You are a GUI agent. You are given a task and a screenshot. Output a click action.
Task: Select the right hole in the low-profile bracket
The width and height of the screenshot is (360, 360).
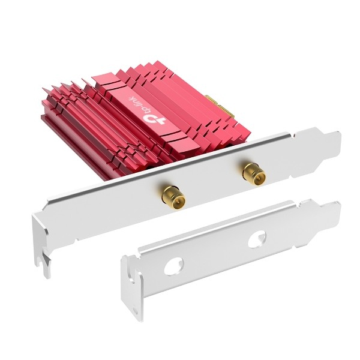257,239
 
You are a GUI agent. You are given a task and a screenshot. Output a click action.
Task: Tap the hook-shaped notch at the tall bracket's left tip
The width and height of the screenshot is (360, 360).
45,264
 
